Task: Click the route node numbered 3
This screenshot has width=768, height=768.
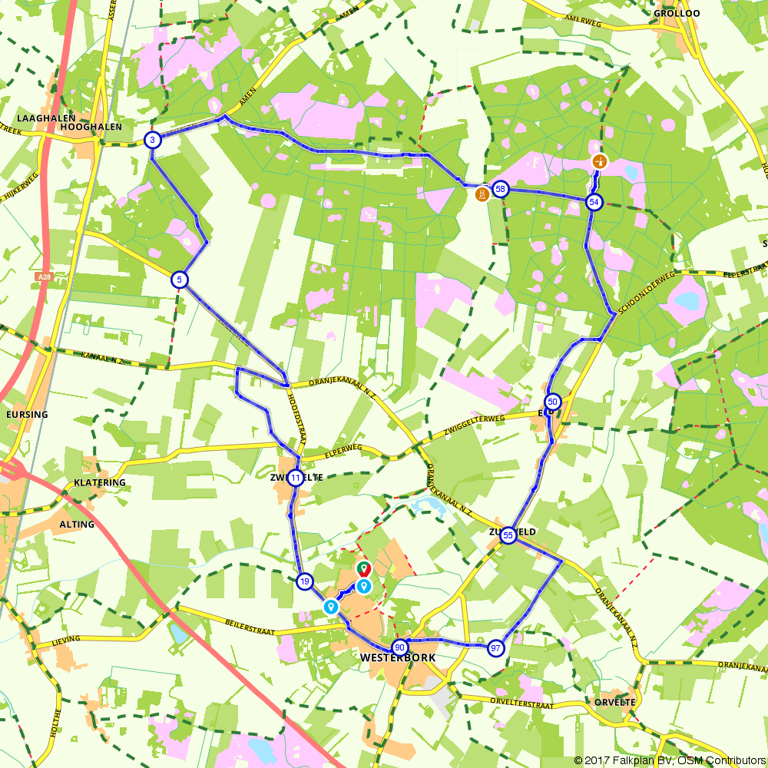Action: pos(152,140)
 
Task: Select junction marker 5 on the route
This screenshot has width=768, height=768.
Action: pos(178,280)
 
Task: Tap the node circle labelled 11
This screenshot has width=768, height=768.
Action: pos(296,478)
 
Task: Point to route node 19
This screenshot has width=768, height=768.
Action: pos(305,581)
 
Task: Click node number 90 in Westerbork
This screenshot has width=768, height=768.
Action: pos(399,647)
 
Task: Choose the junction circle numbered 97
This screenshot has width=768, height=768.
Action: pos(496,648)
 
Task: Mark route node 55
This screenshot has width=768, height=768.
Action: pos(508,535)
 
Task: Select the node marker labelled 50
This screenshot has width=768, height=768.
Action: pos(552,402)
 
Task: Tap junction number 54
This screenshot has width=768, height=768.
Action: pos(594,202)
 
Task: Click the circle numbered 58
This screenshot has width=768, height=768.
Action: pos(501,189)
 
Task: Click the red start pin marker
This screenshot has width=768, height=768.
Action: pos(363,570)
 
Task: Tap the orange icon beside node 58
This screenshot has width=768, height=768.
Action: pos(482,194)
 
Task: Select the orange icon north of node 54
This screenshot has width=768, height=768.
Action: pos(599,162)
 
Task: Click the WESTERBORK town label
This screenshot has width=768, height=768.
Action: pos(397,658)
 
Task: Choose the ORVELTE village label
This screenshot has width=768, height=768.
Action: pos(615,702)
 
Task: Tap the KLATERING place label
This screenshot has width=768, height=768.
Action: pos(100,483)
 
